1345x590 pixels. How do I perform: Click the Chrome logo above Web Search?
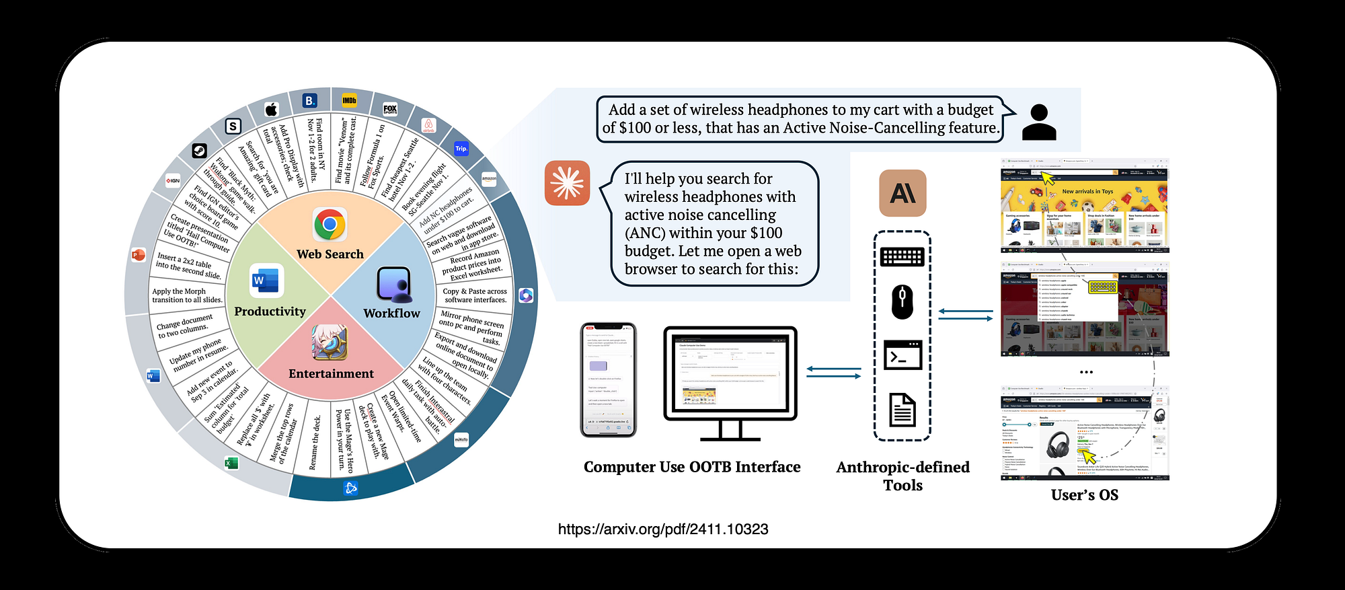point(330,225)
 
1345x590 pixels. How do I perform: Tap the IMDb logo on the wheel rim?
point(349,101)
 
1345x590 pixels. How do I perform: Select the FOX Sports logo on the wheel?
point(390,109)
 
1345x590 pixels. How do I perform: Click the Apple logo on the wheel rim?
point(271,109)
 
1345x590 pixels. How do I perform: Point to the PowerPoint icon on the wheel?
point(138,255)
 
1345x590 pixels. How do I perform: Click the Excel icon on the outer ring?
point(231,463)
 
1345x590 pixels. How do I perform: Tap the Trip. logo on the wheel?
point(461,149)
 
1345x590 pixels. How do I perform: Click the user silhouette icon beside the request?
point(1038,122)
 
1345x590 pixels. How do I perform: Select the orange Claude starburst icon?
point(567,183)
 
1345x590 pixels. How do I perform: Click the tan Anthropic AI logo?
point(902,193)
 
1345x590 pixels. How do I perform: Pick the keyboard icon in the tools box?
point(902,256)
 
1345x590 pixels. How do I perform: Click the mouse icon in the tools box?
point(902,302)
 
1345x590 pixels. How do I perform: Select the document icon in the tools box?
point(902,410)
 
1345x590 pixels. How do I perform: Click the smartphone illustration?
point(608,380)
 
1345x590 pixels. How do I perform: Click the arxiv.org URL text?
point(662,529)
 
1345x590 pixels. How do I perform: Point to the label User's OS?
point(1084,495)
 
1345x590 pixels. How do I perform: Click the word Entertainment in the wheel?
point(331,374)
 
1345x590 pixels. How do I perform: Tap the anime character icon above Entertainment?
point(330,342)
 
